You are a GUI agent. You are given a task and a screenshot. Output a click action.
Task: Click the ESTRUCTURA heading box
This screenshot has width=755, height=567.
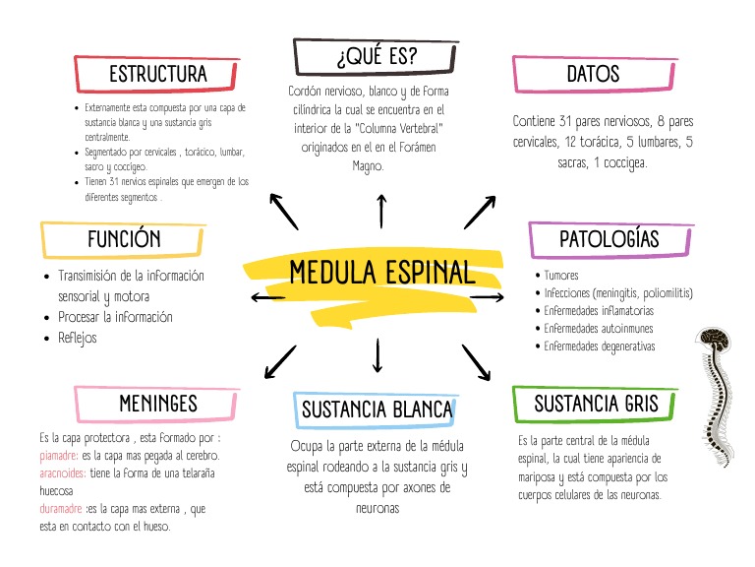click(157, 75)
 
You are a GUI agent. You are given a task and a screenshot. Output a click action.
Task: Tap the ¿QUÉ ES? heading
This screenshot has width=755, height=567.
click(376, 58)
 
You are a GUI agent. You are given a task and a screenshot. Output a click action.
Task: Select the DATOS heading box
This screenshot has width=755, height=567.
click(594, 75)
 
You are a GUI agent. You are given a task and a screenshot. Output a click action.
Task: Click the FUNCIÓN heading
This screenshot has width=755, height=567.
click(124, 239)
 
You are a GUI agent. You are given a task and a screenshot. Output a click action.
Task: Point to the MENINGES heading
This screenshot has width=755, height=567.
click(157, 404)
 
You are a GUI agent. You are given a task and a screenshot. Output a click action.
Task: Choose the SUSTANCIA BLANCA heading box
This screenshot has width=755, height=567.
click(377, 409)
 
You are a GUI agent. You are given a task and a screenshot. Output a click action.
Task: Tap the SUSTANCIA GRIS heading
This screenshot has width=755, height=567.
click(596, 404)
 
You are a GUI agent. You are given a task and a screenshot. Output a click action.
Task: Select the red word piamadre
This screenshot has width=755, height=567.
click(58, 456)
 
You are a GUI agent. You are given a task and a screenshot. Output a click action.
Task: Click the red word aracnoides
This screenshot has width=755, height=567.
click(61, 473)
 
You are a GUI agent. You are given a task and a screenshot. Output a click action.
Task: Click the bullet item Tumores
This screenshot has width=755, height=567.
click(561, 277)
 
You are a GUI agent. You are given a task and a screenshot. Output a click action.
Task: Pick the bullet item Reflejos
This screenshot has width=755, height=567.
click(78, 338)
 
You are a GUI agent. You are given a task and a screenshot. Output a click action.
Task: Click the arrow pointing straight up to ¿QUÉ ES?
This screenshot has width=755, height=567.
click(381, 210)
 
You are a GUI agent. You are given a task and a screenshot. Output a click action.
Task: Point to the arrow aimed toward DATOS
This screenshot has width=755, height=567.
click(481, 211)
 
